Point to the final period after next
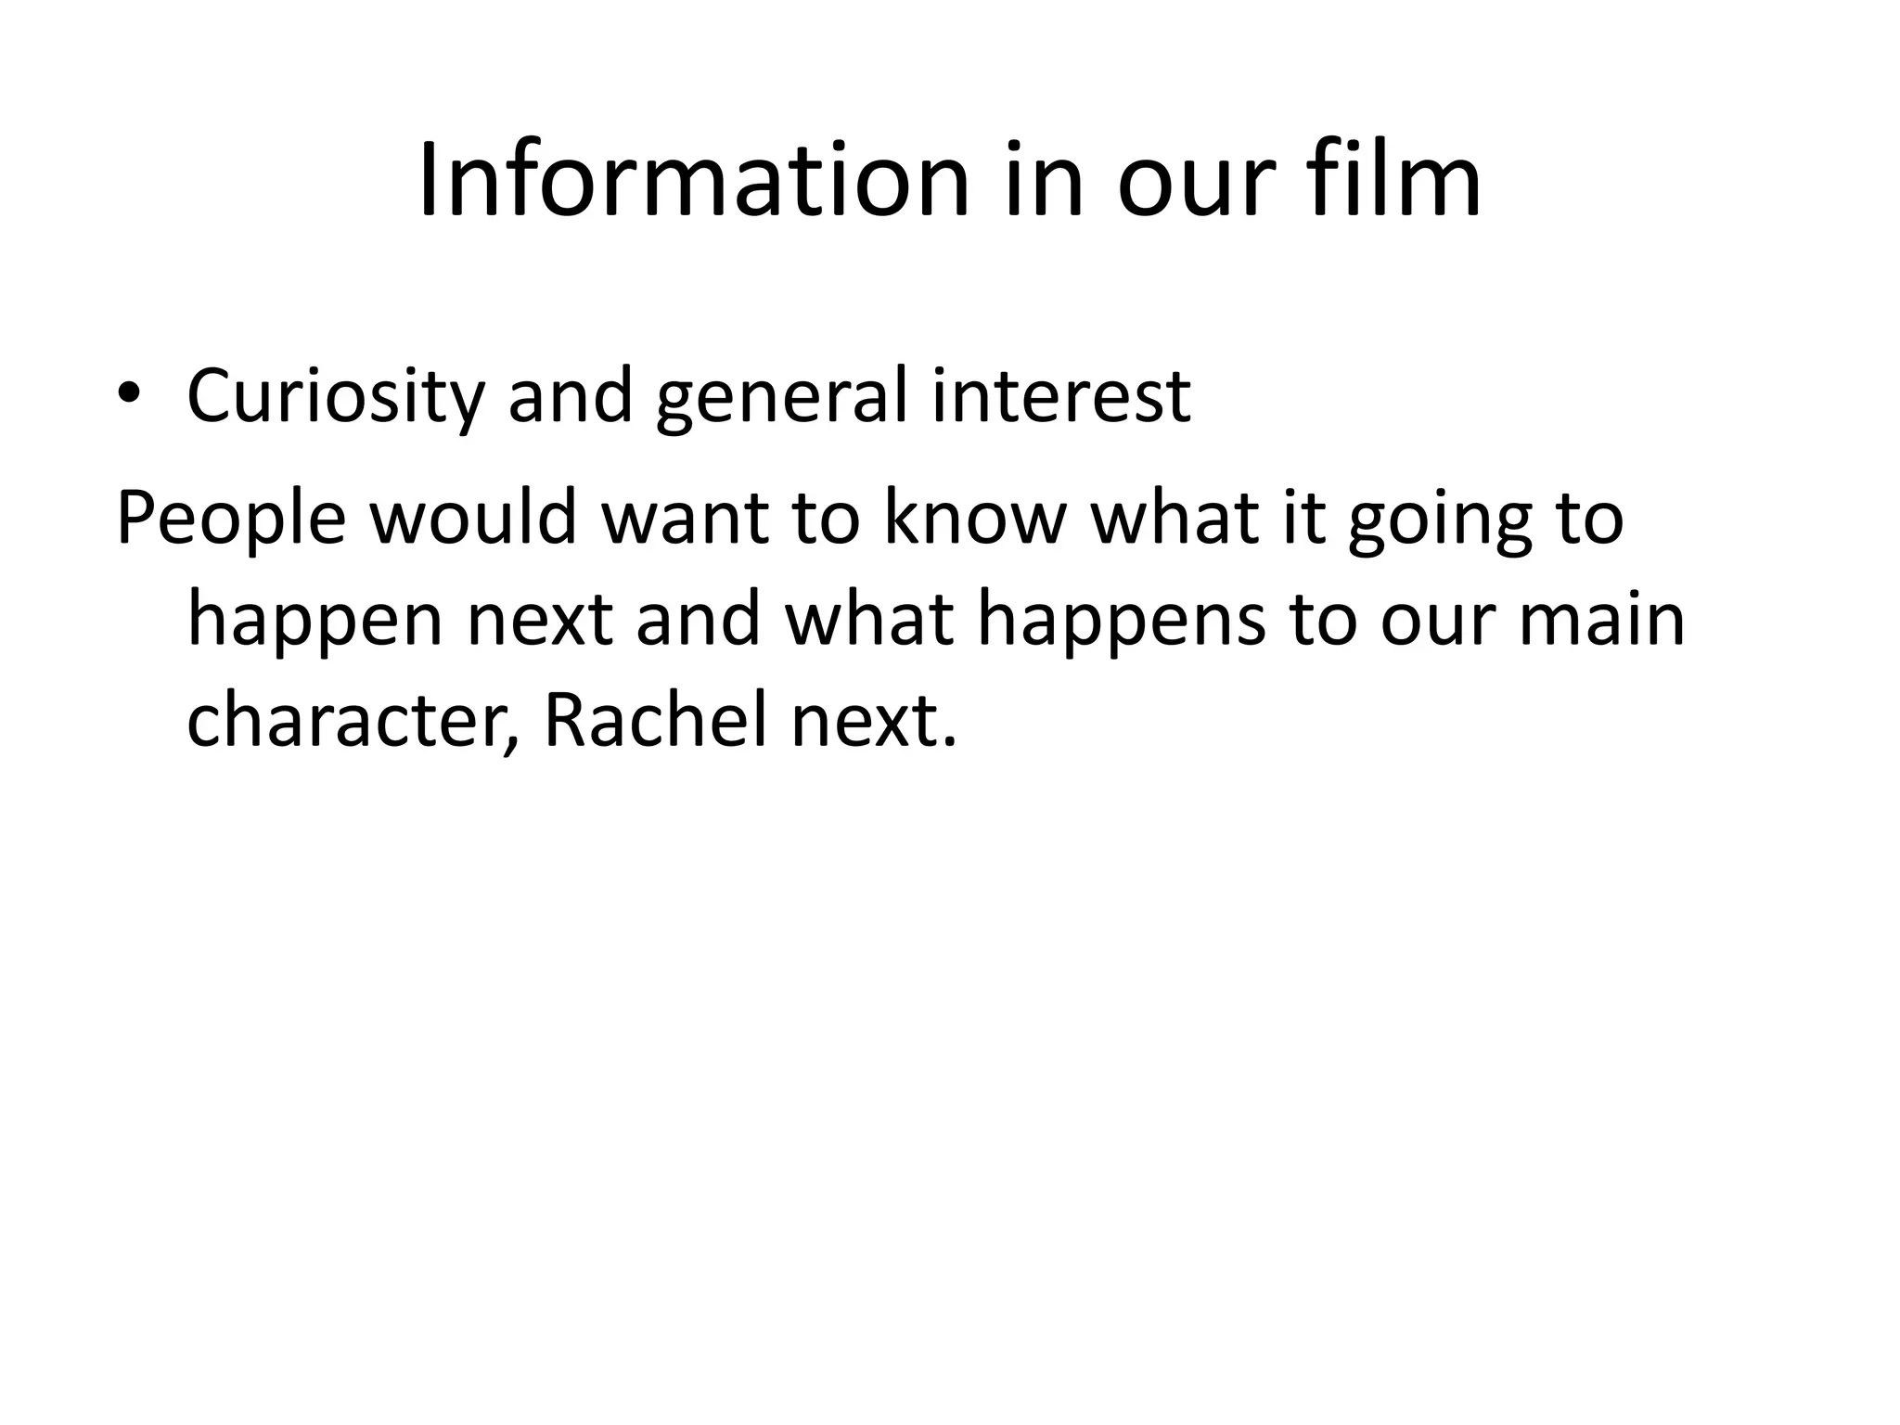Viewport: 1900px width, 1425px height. pyautogui.click(x=947, y=741)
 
